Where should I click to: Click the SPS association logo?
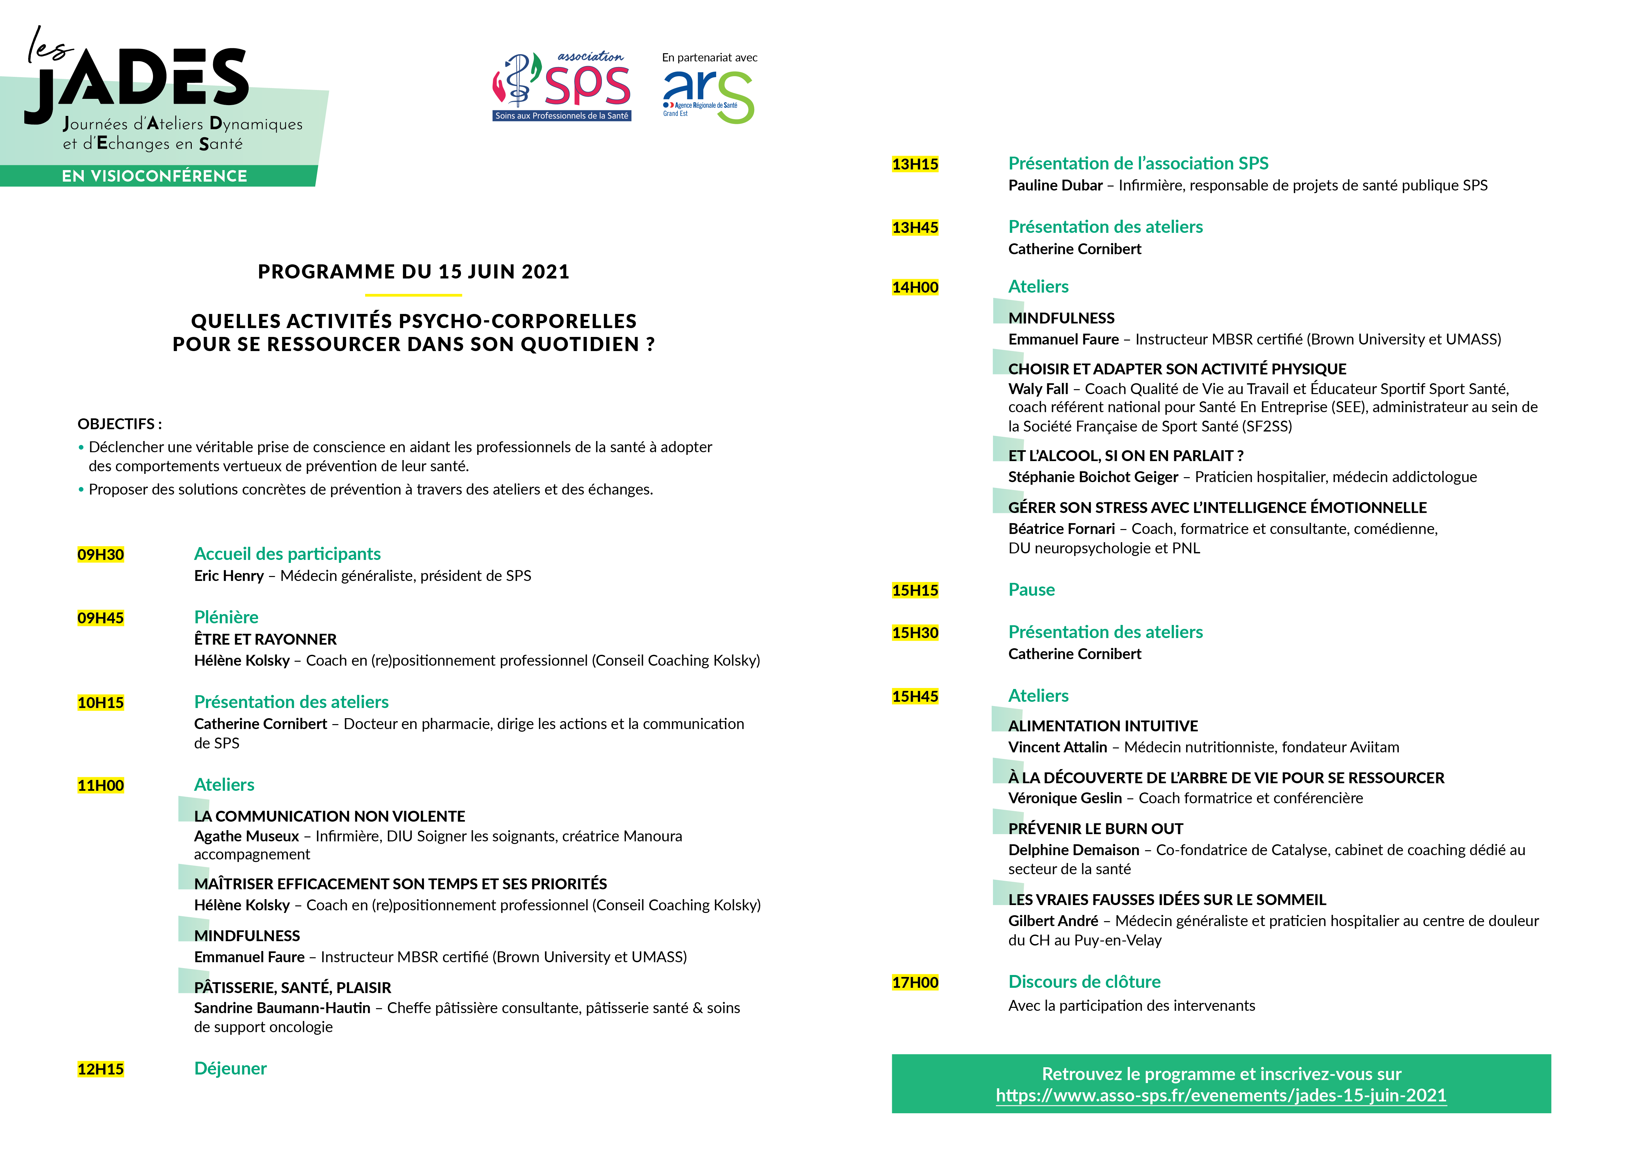click(x=561, y=87)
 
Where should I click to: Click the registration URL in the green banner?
click(x=1220, y=1095)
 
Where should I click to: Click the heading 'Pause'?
click(x=1031, y=589)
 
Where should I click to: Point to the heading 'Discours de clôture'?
click(x=1084, y=982)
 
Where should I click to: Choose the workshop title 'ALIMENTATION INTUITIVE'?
click(x=1103, y=726)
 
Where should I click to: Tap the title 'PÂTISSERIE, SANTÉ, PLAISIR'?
click(x=292, y=987)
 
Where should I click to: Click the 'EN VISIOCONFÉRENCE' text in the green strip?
click(x=155, y=176)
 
